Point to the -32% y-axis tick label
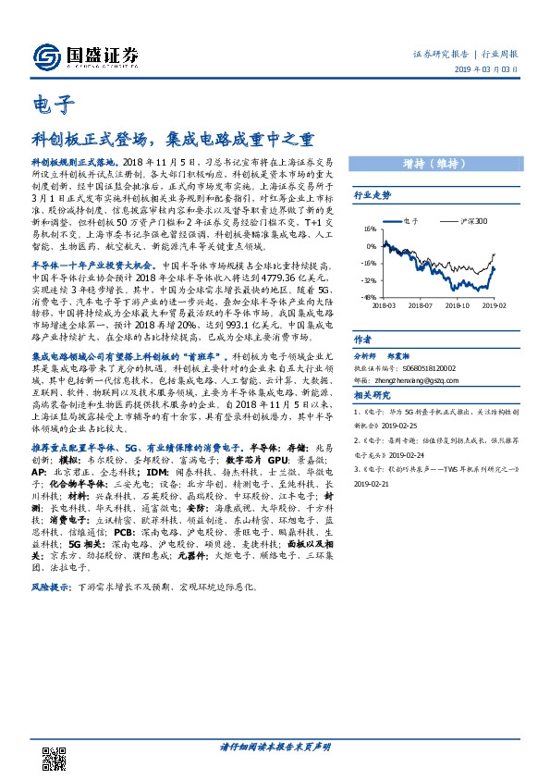(x=368, y=278)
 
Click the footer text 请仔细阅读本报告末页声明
(x=275, y=746)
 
